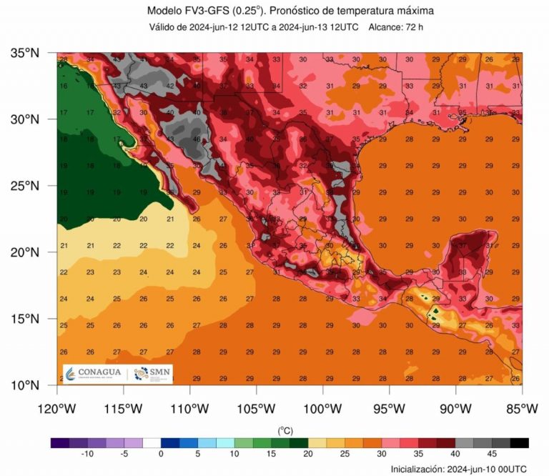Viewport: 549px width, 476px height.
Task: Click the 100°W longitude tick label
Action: tap(322, 409)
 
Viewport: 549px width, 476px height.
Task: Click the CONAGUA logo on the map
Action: tap(94, 373)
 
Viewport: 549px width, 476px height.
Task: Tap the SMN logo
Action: tap(152, 373)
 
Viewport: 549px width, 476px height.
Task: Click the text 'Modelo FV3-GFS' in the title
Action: tap(188, 11)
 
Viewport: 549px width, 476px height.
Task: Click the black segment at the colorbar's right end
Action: tap(520, 442)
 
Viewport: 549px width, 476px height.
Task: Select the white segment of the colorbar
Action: tap(152, 442)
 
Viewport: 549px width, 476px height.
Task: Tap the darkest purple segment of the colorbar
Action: tap(60, 442)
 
